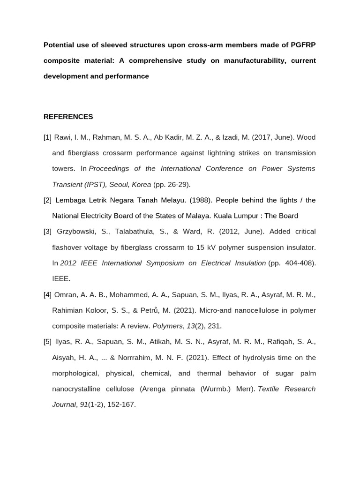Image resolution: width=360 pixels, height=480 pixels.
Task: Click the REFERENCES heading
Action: (x=68, y=117)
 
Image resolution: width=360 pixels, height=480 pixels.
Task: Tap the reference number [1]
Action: (x=47, y=137)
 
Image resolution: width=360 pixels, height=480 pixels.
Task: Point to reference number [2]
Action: (x=47, y=200)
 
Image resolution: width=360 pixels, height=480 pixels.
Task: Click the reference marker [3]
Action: (x=47, y=232)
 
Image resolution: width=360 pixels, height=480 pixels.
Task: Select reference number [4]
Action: (x=47, y=294)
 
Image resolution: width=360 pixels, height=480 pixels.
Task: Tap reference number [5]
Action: (x=47, y=342)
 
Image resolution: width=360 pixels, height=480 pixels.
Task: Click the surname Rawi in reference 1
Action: (x=62, y=137)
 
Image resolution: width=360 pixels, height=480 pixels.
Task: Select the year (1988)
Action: (x=201, y=200)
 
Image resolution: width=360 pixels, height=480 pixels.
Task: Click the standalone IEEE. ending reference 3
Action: (x=61, y=278)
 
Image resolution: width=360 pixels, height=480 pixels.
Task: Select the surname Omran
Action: (x=66, y=294)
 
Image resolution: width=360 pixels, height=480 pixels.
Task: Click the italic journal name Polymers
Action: (x=167, y=326)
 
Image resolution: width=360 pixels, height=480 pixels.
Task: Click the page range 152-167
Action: (x=121, y=404)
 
